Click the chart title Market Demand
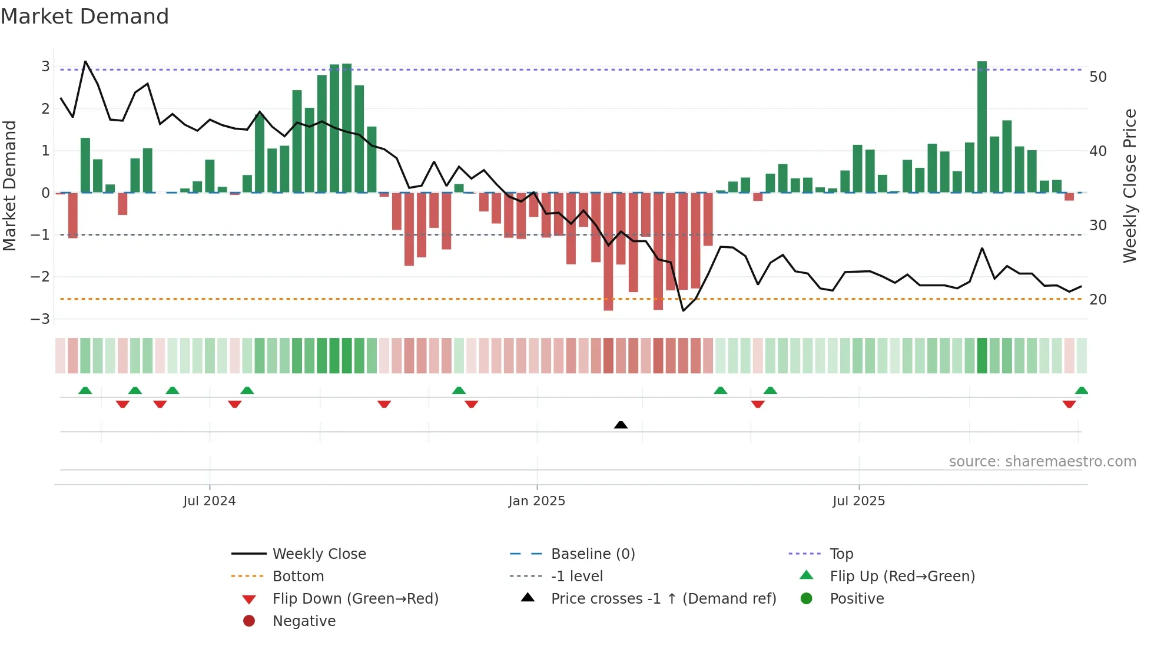pyautogui.click(x=85, y=16)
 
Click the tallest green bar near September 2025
pyautogui.click(x=981, y=127)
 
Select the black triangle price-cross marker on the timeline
pyautogui.click(x=621, y=425)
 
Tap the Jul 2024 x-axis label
pyautogui.click(x=209, y=501)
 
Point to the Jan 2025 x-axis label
pyautogui.click(x=536, y=501)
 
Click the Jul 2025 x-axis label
pyautogui.click(x=858, y=501)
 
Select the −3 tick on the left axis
pyautogui.click(x=40, y=319)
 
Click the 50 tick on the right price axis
pyautogui.click(x=1097, y=77)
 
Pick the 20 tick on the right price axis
pyautogui.click(x=1097, y=300)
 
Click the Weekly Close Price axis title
pyautogui.click(x=1129, y=186)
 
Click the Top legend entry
pyautogui.click(x=841, y=554)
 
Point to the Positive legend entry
pyautogui.click(x=857, y=599)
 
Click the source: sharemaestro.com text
pyautogui.click(x=1042, y=462)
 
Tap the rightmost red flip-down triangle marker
pyautogui.click(x=1069, y=404)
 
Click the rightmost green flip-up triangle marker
pyautogui.click(x=1081, y=390)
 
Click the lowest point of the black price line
pyautogui.click(x=683, y=310)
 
